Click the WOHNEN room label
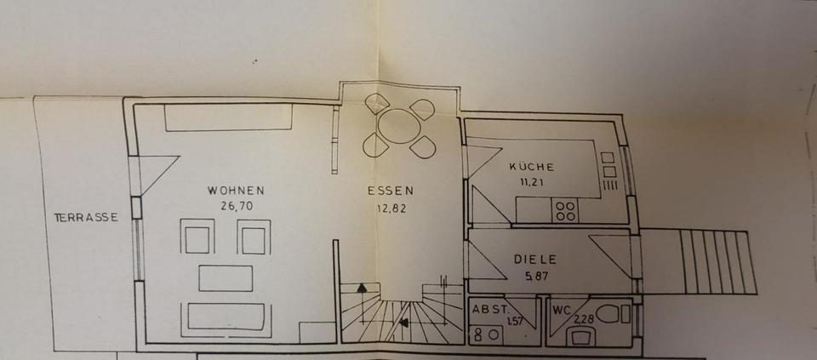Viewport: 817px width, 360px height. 236,191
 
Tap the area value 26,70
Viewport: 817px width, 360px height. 236,205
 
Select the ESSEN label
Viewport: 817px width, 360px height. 391,191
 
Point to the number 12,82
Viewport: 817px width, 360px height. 391,207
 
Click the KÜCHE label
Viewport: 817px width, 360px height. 532,167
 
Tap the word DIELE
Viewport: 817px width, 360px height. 534,259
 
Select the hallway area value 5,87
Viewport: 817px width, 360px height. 534,274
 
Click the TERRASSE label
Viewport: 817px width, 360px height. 86,217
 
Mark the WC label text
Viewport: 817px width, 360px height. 561,310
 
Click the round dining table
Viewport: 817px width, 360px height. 398,127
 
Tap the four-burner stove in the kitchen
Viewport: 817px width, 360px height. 565,209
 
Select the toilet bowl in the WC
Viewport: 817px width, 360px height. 609,313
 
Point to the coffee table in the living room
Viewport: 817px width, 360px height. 226,278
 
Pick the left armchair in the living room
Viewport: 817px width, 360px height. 197,237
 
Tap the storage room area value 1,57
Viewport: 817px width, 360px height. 515,322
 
